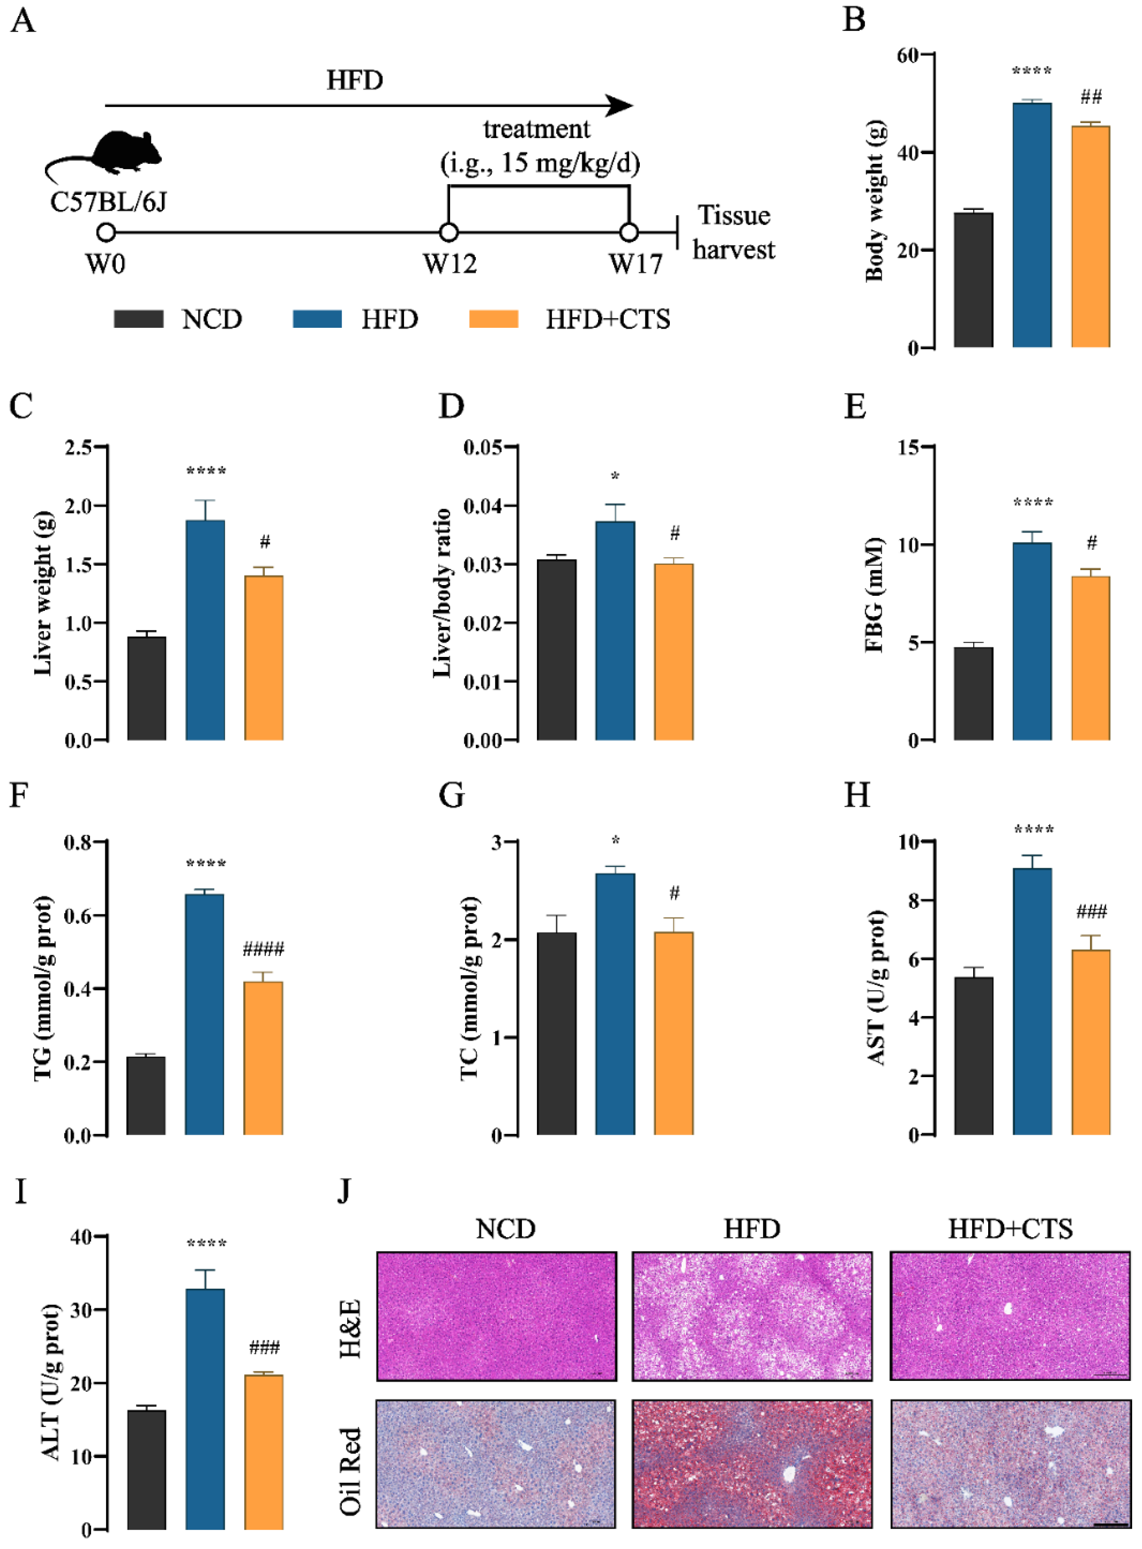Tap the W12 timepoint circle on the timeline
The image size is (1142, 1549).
[x=449, y=232]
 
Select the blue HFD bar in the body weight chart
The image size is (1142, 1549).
[x=1032, y=224]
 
